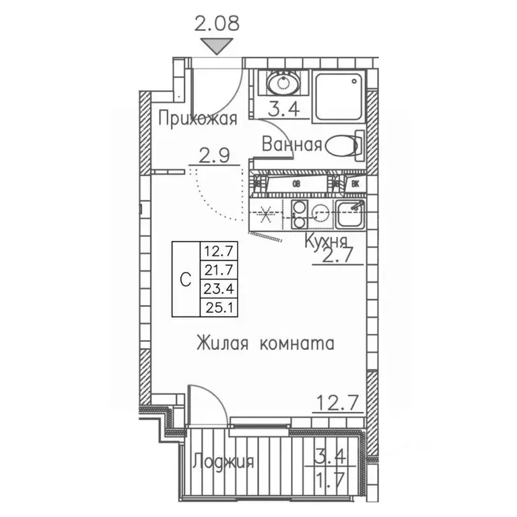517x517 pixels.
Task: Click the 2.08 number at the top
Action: [217, 25]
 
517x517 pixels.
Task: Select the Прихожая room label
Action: [197, 119]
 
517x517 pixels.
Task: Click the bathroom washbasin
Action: [283, 84]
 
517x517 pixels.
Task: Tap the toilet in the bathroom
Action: [343, 145]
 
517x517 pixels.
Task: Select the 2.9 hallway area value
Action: [213, 156]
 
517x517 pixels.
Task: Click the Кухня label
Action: [325, 242]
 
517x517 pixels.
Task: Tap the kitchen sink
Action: [349, 214]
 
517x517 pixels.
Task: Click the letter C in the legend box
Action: [186, 279]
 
